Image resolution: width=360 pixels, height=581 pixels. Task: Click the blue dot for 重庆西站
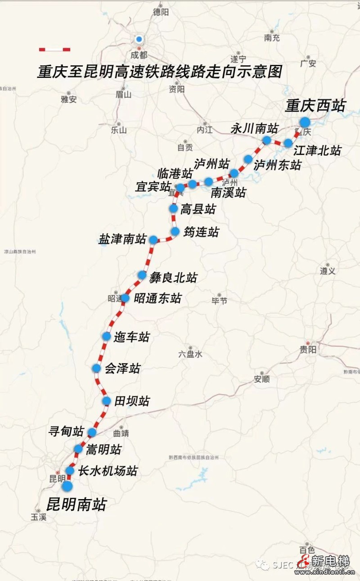click(305, 122)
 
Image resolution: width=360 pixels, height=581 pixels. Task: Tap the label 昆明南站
click(76, 504)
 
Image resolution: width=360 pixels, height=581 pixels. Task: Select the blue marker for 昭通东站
click(125, 298)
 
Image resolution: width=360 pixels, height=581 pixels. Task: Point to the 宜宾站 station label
click(153, 186)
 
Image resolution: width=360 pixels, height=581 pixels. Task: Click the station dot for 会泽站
click(96, 368)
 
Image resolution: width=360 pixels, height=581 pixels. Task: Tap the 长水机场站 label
click(108, 471)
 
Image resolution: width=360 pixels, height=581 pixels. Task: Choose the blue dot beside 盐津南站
click(153, 239)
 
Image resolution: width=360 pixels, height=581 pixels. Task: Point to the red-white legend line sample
click(54, 49)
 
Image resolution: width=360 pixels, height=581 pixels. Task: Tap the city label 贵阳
click(308, 350)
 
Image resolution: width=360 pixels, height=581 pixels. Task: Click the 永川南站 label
click(254, 129)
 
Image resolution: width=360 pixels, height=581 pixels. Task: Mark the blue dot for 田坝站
click(106, 401)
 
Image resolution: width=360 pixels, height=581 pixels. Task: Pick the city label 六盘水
click(190, 354)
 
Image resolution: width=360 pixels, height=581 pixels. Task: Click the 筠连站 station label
click(201, 232)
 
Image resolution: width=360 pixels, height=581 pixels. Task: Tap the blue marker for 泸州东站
click(248, 159)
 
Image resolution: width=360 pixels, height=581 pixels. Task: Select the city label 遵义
click(328, 271)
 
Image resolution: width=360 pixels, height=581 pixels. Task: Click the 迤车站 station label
click(131, 337)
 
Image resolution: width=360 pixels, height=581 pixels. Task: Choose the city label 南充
click(272, 38)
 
